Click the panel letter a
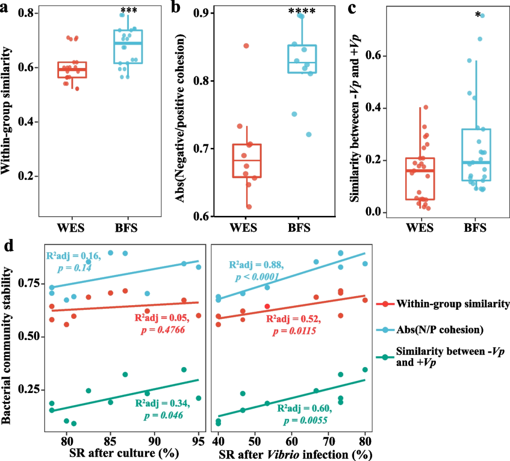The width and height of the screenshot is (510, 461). (7, 9)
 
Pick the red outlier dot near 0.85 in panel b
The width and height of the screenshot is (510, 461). (246, 46)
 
